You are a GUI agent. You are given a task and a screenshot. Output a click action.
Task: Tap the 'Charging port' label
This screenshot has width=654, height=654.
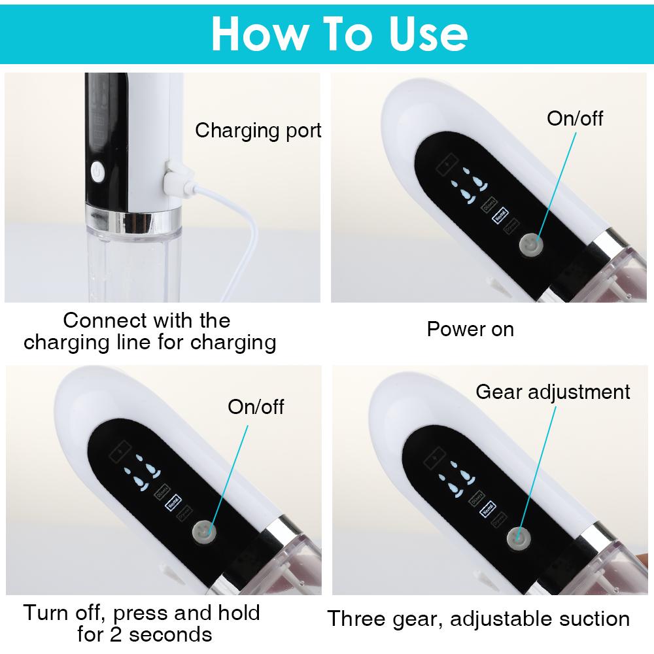258,130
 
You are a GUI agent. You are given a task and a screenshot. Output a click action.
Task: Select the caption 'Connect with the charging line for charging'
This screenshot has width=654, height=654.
149,332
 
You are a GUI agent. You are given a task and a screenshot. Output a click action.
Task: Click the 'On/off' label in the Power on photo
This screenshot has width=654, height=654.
574,118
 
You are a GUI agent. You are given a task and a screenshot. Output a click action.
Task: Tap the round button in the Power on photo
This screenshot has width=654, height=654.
530,246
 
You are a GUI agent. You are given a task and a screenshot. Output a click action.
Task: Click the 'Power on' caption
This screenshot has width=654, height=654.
470,329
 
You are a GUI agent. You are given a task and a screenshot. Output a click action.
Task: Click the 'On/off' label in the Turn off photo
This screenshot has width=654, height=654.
256,406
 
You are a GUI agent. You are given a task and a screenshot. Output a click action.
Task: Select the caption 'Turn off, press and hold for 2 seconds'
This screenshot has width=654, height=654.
142,623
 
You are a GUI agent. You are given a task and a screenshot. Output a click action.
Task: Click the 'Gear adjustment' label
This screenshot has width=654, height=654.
553,392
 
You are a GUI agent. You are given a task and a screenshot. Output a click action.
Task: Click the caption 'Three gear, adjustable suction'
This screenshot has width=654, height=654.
478,618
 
